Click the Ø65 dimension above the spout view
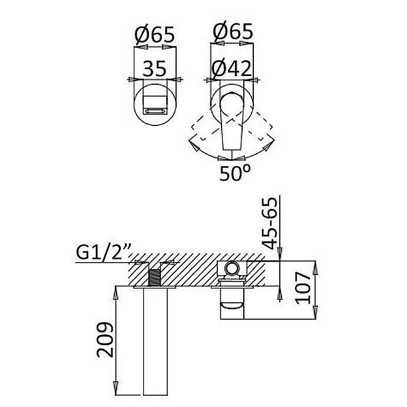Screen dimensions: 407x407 coord(155,35)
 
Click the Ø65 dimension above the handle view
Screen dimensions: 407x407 coord(233,31)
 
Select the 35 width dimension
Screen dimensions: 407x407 coord(154,68)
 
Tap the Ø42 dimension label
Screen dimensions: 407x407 coord(232,68)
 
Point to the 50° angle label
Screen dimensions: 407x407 coord(235,173)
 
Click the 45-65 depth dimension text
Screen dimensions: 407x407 coord(269,223)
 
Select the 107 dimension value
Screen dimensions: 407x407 coord(303,288)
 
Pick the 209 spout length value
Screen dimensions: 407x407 coord(105,339)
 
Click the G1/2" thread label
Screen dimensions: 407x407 coord(104,252)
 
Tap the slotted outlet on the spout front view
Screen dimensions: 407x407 coord(155,111)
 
